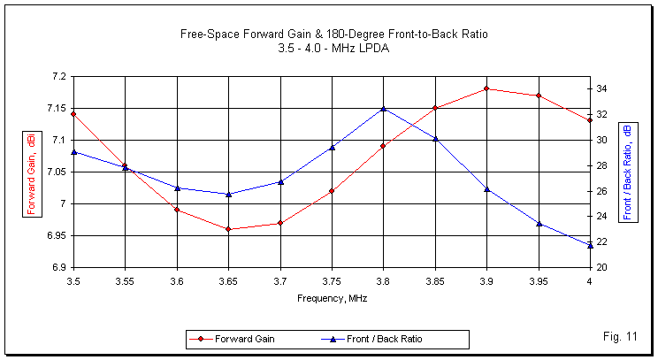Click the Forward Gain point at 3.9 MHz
[x=486, y=88]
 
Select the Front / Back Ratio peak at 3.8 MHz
[x=383, y=109]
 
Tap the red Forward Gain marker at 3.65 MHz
[x=228, y=229]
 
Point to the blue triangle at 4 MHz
[x=590, y=245]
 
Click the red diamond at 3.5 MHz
[x=73, y=114]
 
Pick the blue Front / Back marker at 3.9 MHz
[x=486, y=188]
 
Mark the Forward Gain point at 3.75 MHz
[x=332, y=191]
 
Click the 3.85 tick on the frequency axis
[x=434, y=280]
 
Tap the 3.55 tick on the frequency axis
[x=125, y=280]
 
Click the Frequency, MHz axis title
[x=332, y=298]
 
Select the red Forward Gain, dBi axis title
[x=32, y=172]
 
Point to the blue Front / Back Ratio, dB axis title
[x=628, y=172]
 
